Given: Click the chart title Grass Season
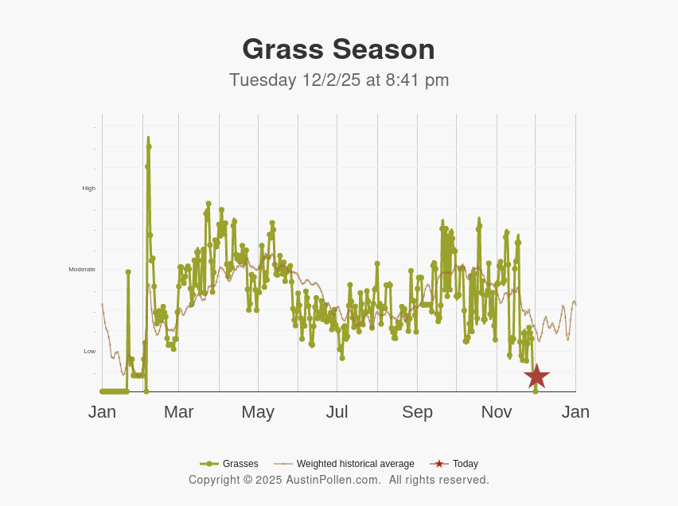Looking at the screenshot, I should pos(338,49).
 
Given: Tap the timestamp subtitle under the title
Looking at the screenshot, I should pos(339,80).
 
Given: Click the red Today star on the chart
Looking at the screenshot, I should pos(536,376).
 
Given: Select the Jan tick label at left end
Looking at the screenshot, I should pos(102,412).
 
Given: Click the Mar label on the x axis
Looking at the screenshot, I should pos(178,412).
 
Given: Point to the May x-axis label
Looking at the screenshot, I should pos(258,412).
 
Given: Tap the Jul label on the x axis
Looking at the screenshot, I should pos(337,412).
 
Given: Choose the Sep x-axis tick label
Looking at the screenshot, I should pos(417,412).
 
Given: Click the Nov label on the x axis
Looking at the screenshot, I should pos(497,412).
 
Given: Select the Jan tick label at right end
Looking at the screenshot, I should pos(575,412).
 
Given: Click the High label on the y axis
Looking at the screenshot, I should pos(88,189).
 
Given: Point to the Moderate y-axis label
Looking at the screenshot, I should pos(82,270).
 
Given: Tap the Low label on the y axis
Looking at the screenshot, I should pos(89,351).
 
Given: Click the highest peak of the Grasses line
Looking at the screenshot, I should pos(148,139).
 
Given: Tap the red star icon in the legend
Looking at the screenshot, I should pos(438,464).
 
